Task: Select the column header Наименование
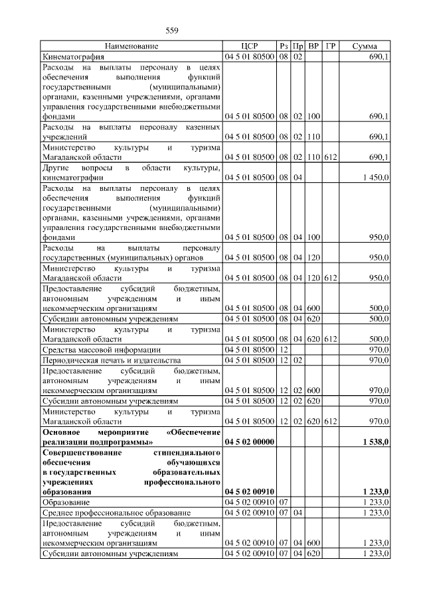point(131,46)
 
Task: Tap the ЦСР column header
point(250,46)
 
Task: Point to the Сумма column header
point(365,46)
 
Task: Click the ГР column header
point(330,46)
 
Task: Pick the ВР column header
point(314,46)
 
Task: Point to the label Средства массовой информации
point(101,349)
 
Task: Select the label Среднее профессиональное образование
point(116,513)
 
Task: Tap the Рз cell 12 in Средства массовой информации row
point(283,349)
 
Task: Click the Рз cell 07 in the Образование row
point(283,503)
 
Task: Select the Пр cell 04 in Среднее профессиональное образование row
point(298,513)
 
